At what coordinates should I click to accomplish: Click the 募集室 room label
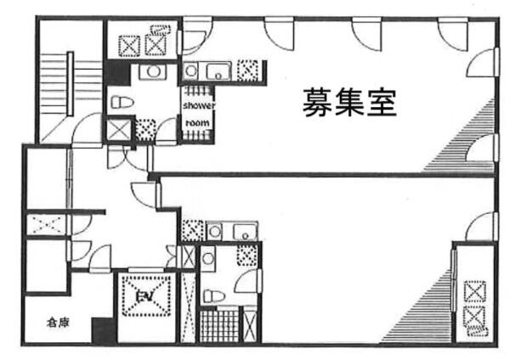pyautogui.click(x=349, y=103)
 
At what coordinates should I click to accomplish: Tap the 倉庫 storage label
pyautogui.click(x=58, y=323)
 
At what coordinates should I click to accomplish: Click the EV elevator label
pyautogui.click(x=144, y=296)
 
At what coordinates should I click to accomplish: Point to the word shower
pyautogui.click(x=199, y=105)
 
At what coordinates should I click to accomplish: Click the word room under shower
pyautogui.click(x=197, y=123)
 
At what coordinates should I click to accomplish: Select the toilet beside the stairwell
pyautogui.click(x=122, y=102)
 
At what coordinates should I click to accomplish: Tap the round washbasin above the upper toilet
pyautogui.click(x=153, y=71)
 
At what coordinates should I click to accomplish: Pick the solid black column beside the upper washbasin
pyautogui.click(x=117, y=74)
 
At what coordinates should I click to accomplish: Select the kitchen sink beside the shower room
pyautogui.click(x=218, y=70)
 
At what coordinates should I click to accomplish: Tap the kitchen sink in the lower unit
pyautogui.click(x=245, y=231)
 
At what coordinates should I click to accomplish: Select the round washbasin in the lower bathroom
pyautogui.click(x=208, y=258)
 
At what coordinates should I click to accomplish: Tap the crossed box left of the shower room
pyautogui.click(x=119, y=130)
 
